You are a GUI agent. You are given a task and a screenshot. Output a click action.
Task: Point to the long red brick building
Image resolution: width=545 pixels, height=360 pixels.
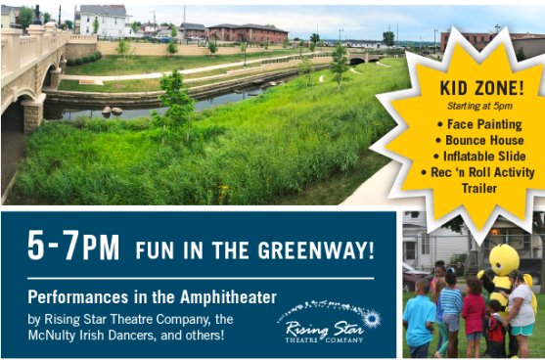(248, 33)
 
